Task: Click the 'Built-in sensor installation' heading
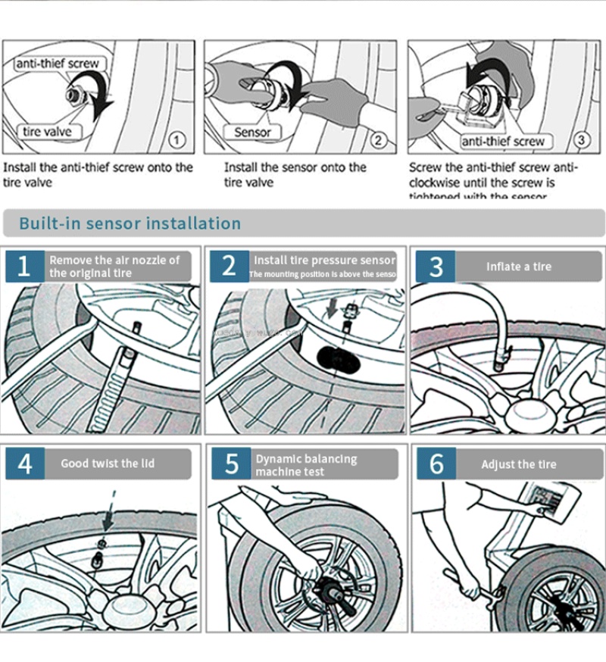click(130, 223)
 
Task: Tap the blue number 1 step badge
click(24, 267)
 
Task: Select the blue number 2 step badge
click(229, 267)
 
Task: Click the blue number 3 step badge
click(436, 267)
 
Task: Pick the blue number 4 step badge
click(24, 464)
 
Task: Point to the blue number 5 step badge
click(231, 464)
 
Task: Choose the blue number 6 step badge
click(436, 464)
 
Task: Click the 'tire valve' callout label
click(47, 132)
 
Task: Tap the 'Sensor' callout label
click(252, 132)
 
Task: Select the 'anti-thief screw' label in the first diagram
click(57, 64)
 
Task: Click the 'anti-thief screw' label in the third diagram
click(503, 141)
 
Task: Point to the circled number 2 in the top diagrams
click(379, 140)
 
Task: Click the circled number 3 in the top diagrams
click(581, 140)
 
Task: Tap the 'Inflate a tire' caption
click(519, 267)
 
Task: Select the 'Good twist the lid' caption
click(108, 464)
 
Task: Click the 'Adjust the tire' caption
click(519, 464)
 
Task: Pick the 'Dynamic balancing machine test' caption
click(306, 465)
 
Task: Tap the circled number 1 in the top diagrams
click(176, 140)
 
